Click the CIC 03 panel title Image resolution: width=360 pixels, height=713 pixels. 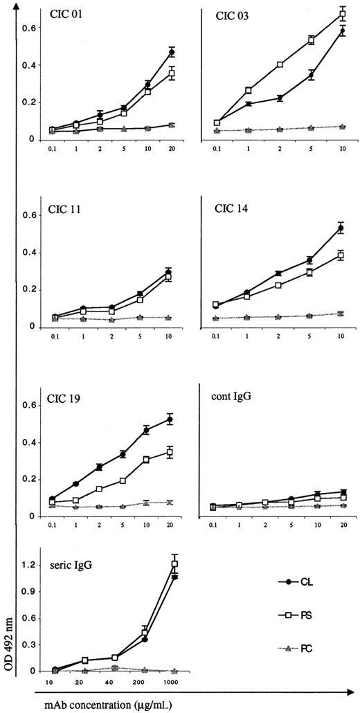tap(228, 15)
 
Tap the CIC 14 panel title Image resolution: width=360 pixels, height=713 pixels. tap(228, 208)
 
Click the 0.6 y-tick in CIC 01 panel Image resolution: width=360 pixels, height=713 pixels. tap(28, 28)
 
